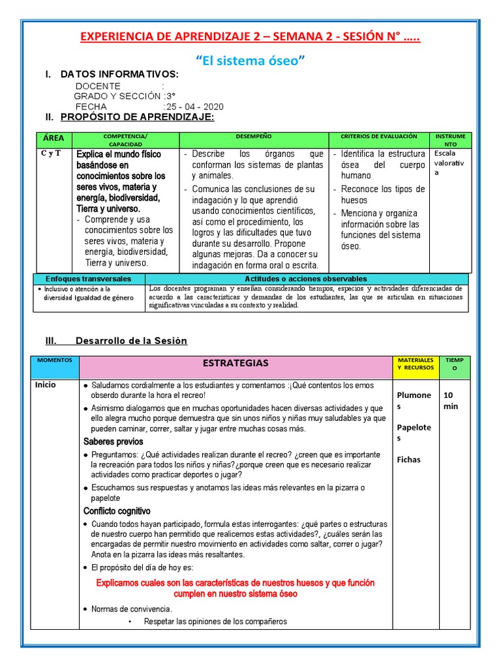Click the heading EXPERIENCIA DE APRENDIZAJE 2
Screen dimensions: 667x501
coord(250,37)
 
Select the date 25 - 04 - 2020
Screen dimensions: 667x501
coord(194,106)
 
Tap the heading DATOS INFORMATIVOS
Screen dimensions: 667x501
coord(119,74)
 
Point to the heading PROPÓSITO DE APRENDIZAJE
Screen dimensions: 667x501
coord(137,117)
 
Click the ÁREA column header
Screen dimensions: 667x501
coord(54,139)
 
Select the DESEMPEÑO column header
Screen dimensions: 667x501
coord(254,136)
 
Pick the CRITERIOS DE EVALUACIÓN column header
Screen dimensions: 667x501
coord(378,136)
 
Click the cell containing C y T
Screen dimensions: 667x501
coord(51,154)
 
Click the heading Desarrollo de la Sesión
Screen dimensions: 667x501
coord(131,341)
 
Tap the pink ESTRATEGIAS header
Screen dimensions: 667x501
coord(235,363)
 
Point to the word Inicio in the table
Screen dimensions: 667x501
coord(46,385)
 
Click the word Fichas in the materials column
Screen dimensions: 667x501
coord(408,459)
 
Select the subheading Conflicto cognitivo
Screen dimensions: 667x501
coord(117,511)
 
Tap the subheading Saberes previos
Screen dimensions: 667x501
coord(114,442)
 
